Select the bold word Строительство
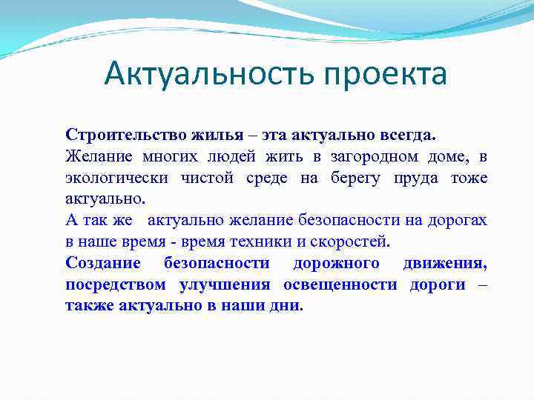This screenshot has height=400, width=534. coord(116,136)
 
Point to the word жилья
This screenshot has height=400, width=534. coord(197,136)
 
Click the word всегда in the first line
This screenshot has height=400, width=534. coord(406,136)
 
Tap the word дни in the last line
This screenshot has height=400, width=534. coord(288,306)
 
